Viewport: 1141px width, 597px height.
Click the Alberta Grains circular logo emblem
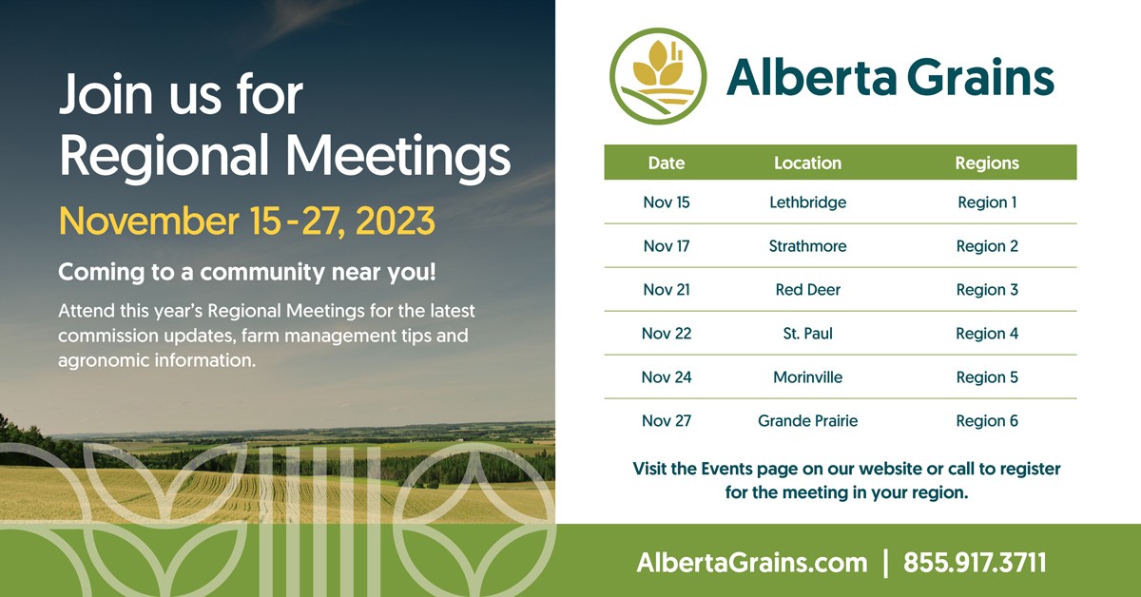click(x=658, y=76)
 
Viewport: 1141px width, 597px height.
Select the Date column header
click(x=667, y=163)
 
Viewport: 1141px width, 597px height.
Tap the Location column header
click(x=807, y=163)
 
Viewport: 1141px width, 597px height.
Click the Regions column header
click(x=987, y=163)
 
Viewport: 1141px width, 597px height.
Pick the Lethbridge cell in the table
click(x=807, y=202)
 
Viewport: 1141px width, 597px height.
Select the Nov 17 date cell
click(x=667, y=246)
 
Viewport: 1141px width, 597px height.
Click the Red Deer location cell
click(x=807, y=289)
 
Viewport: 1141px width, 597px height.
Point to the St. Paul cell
click(x=807, y=333)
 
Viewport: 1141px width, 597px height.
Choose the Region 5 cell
click(x=987, y=377)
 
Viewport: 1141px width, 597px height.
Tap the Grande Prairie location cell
click(x=807, y=421)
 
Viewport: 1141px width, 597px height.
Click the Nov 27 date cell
click(x=667, y=421)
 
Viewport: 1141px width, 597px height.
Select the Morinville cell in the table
click(x=807, y=377)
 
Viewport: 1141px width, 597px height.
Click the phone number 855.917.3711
click(x=975, y=563)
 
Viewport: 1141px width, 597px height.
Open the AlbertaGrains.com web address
click(x=752, y=563)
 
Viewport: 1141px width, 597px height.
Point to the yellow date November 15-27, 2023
click(x=247, y=221)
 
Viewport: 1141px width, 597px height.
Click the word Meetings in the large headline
click(x=397, y=156)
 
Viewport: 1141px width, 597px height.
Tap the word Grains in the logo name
click(x=980, y=77)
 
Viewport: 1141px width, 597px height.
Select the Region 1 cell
click(x=987, y=202)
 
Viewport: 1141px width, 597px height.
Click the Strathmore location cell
click(x=807, y=246)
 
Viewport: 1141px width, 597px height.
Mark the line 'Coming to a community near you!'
click(x=247, y=272)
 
